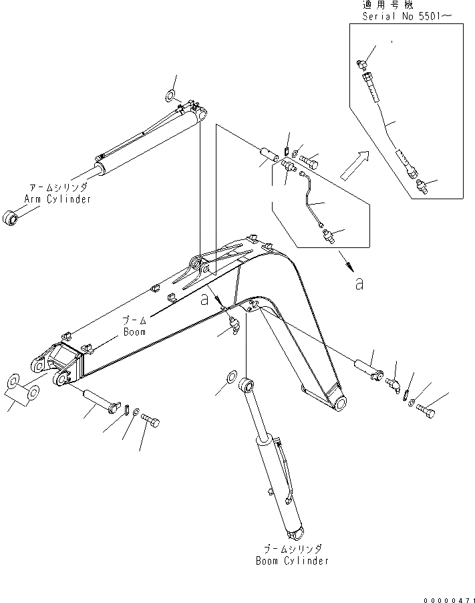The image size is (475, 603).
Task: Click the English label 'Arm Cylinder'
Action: point(57,199)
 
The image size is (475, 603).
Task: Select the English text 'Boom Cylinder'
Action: point(293,561)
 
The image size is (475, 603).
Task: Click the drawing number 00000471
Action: point(447,594)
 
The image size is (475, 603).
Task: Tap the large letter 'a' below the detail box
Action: point(359,283)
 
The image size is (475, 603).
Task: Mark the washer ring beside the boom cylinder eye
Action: point(230,377)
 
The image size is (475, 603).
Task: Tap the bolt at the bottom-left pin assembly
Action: point(152,423)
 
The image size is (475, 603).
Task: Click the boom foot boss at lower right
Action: point(339,403)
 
